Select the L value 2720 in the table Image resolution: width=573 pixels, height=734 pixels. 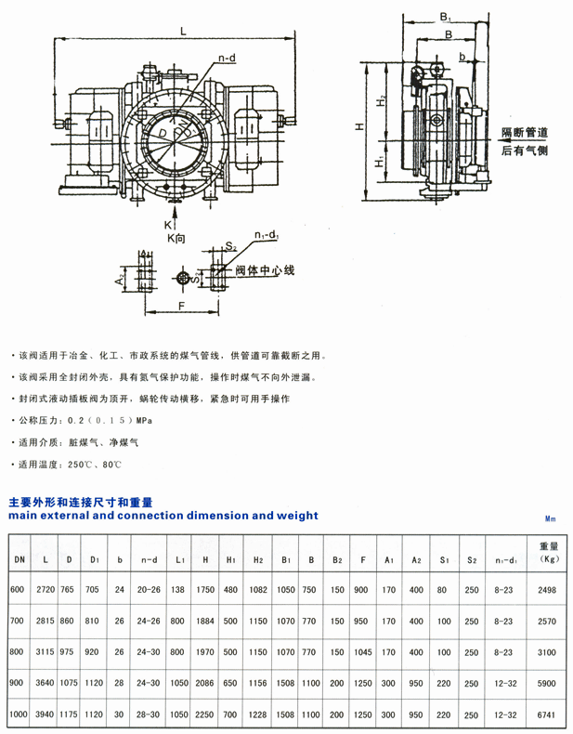click(x=46, y=589)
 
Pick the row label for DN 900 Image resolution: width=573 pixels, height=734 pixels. click(x=19, y=682)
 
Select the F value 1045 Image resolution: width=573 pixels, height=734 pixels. click(x=364, y=652)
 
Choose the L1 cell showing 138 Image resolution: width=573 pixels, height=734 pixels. click(x=179, y=589)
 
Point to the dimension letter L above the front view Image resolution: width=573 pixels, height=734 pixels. click(x=183, y=31)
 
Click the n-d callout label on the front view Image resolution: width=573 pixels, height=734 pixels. click(x=226, y=59)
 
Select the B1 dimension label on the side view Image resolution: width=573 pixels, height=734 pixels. click(x=445, y=16)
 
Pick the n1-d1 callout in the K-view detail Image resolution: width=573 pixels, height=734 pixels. click(x=267, y=236)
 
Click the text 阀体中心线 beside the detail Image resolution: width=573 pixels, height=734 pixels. click(x=264, y=270)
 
